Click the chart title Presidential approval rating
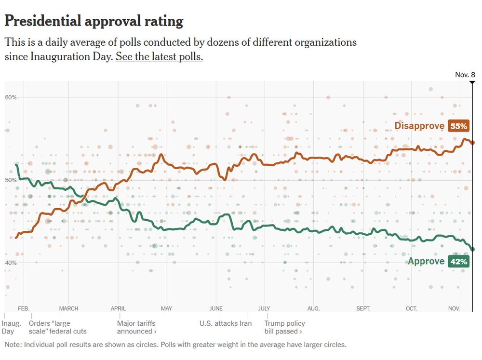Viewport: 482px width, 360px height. pos(94,21)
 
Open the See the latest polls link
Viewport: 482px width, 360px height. pos(159,56)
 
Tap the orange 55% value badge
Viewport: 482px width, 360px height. pos(458,126)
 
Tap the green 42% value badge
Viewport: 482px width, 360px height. pos(458,262)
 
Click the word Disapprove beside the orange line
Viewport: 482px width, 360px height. pos(419,126)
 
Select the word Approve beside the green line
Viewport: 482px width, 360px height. pos(426,262)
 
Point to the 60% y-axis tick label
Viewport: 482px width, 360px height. pos(11,97)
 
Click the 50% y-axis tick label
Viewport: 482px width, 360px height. pos(11,180)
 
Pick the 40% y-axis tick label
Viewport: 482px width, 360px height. pos(11,263)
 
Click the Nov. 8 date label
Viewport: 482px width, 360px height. pos(465,75)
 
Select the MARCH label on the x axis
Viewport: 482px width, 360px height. pos(68,308)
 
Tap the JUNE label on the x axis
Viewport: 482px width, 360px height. pos(216,308)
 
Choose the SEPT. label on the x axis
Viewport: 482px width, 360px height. pos(363,308)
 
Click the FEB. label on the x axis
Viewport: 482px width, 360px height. pos(24,308)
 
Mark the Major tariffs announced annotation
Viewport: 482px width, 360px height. pos(137,327)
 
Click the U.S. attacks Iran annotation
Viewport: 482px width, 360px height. pos(226,323)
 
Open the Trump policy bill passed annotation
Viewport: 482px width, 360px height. pos(284,327)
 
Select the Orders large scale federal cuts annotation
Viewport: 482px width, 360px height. pos(58,327)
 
